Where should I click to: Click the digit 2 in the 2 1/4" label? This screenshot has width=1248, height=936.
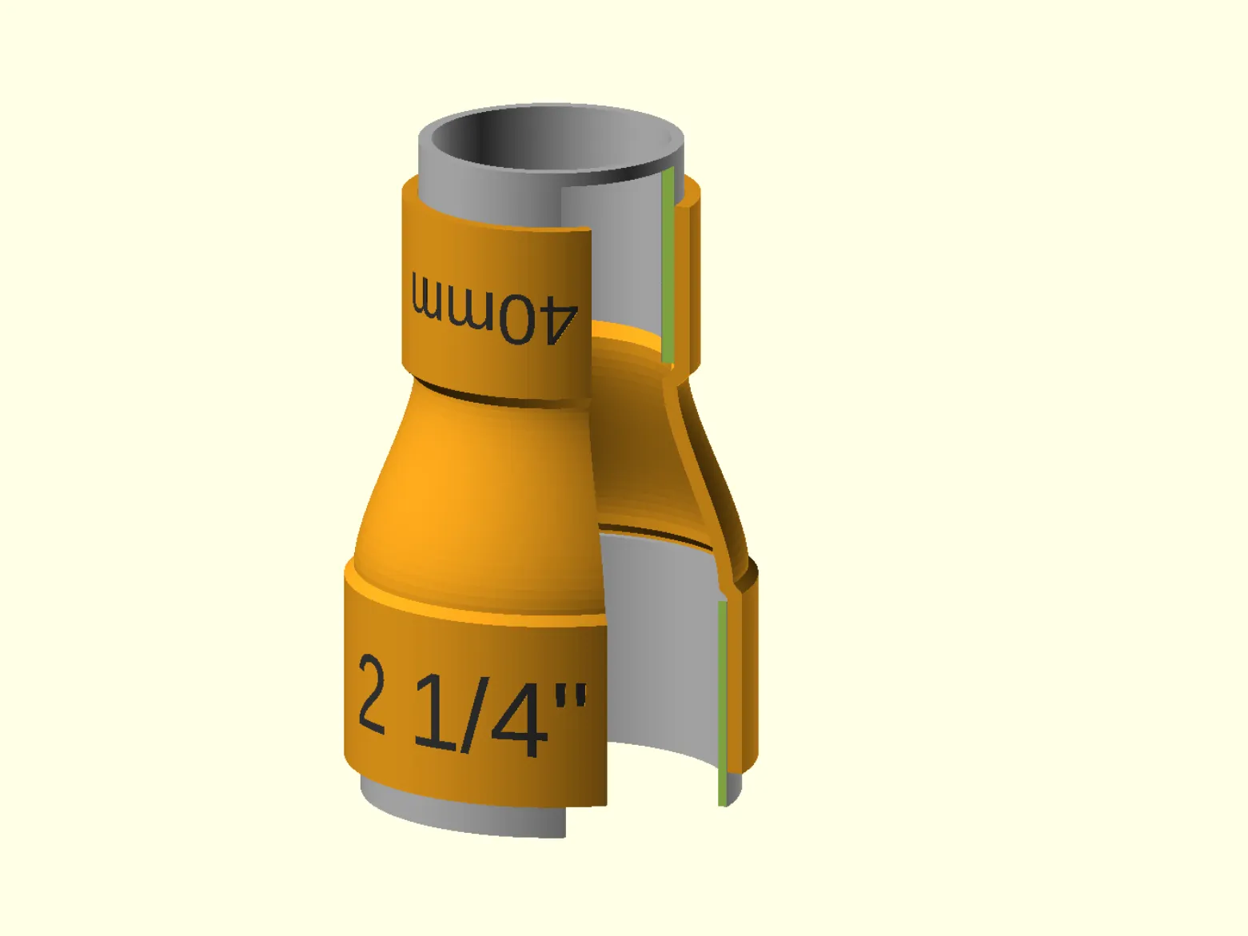[x=372, y=693]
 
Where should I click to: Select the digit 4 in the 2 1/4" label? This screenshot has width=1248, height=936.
[x=519, y=719]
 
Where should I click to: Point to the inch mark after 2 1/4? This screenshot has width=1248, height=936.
[x=572, y=696]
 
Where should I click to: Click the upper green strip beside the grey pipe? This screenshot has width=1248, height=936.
[x=668, y=265]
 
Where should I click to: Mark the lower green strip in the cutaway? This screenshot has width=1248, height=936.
[x=723, y=703]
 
